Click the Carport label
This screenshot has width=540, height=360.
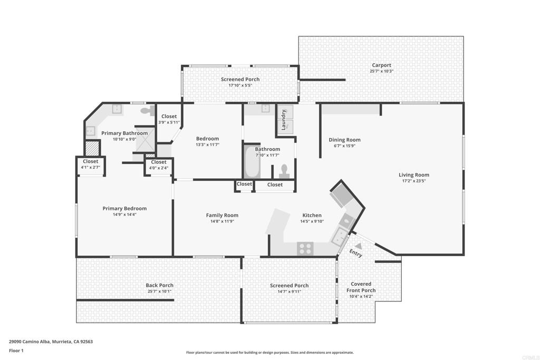coord(381,65)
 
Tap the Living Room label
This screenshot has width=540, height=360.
coord(414,175)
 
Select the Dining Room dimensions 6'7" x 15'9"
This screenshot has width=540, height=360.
coord(344,146)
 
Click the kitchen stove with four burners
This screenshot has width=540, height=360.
coord(305,248)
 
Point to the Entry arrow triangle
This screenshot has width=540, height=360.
coord(359,246)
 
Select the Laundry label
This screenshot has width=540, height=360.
coord(284,120)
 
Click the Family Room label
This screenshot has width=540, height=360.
coord(222,215)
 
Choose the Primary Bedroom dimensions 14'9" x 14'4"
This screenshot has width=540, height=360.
coord(124,215)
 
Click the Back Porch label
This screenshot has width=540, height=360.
coord(159,285)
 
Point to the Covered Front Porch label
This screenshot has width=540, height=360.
coord(361,287)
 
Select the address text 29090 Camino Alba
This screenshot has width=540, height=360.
coord(30,342)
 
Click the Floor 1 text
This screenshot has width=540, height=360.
coord(16,350)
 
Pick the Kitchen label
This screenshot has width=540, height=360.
coord(312,215)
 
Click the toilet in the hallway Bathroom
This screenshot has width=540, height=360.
coord(284,170)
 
